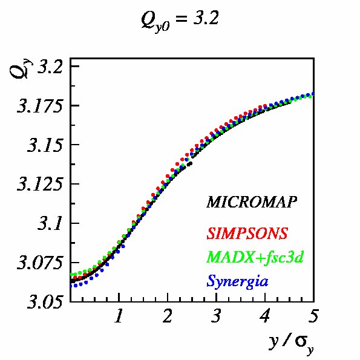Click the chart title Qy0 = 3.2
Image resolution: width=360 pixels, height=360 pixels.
(180, 21)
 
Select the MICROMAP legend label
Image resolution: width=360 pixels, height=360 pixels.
(252, 202)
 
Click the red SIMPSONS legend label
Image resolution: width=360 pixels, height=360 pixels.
(247, 234)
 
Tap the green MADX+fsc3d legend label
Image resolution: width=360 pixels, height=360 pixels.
(255, 257)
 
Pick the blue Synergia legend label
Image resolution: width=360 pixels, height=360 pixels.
(237, 281)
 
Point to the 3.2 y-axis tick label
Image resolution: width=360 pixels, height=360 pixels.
(50, 67)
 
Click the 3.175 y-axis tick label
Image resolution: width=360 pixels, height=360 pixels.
(40, 106)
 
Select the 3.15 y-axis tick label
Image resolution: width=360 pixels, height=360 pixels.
(45, 145)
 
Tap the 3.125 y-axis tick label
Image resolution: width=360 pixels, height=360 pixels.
(40, 185)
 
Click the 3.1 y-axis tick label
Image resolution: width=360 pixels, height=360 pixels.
(50, 223)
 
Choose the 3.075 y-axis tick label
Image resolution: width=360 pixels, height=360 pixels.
(40, 263)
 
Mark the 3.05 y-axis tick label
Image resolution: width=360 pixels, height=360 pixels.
(45, 302)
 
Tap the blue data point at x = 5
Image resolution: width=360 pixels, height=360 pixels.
(313, 94)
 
